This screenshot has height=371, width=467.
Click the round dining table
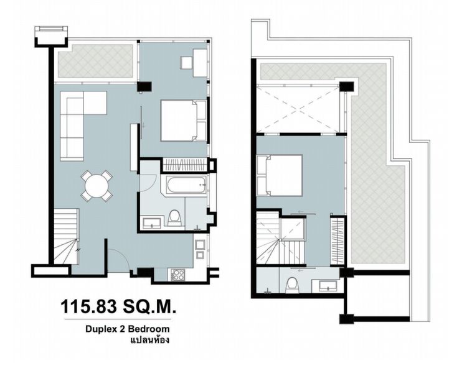(x=97, y=186)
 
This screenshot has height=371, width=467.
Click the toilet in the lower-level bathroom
(x=176, y=218)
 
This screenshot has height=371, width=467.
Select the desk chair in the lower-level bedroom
(x=186, y=62)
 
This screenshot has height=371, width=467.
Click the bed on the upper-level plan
(x=281, y=175)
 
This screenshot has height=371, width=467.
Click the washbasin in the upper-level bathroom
(x=327, y=286)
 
